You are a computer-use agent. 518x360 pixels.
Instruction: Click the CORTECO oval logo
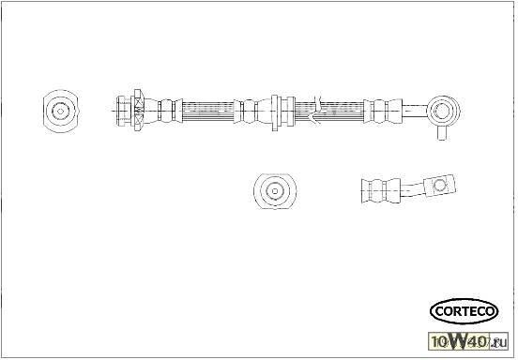point(464,310)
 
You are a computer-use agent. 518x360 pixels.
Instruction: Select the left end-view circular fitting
point(61,111)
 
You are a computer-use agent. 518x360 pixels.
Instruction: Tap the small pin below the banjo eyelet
point(439,134)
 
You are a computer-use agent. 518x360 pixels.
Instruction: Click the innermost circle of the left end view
point(61,111)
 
